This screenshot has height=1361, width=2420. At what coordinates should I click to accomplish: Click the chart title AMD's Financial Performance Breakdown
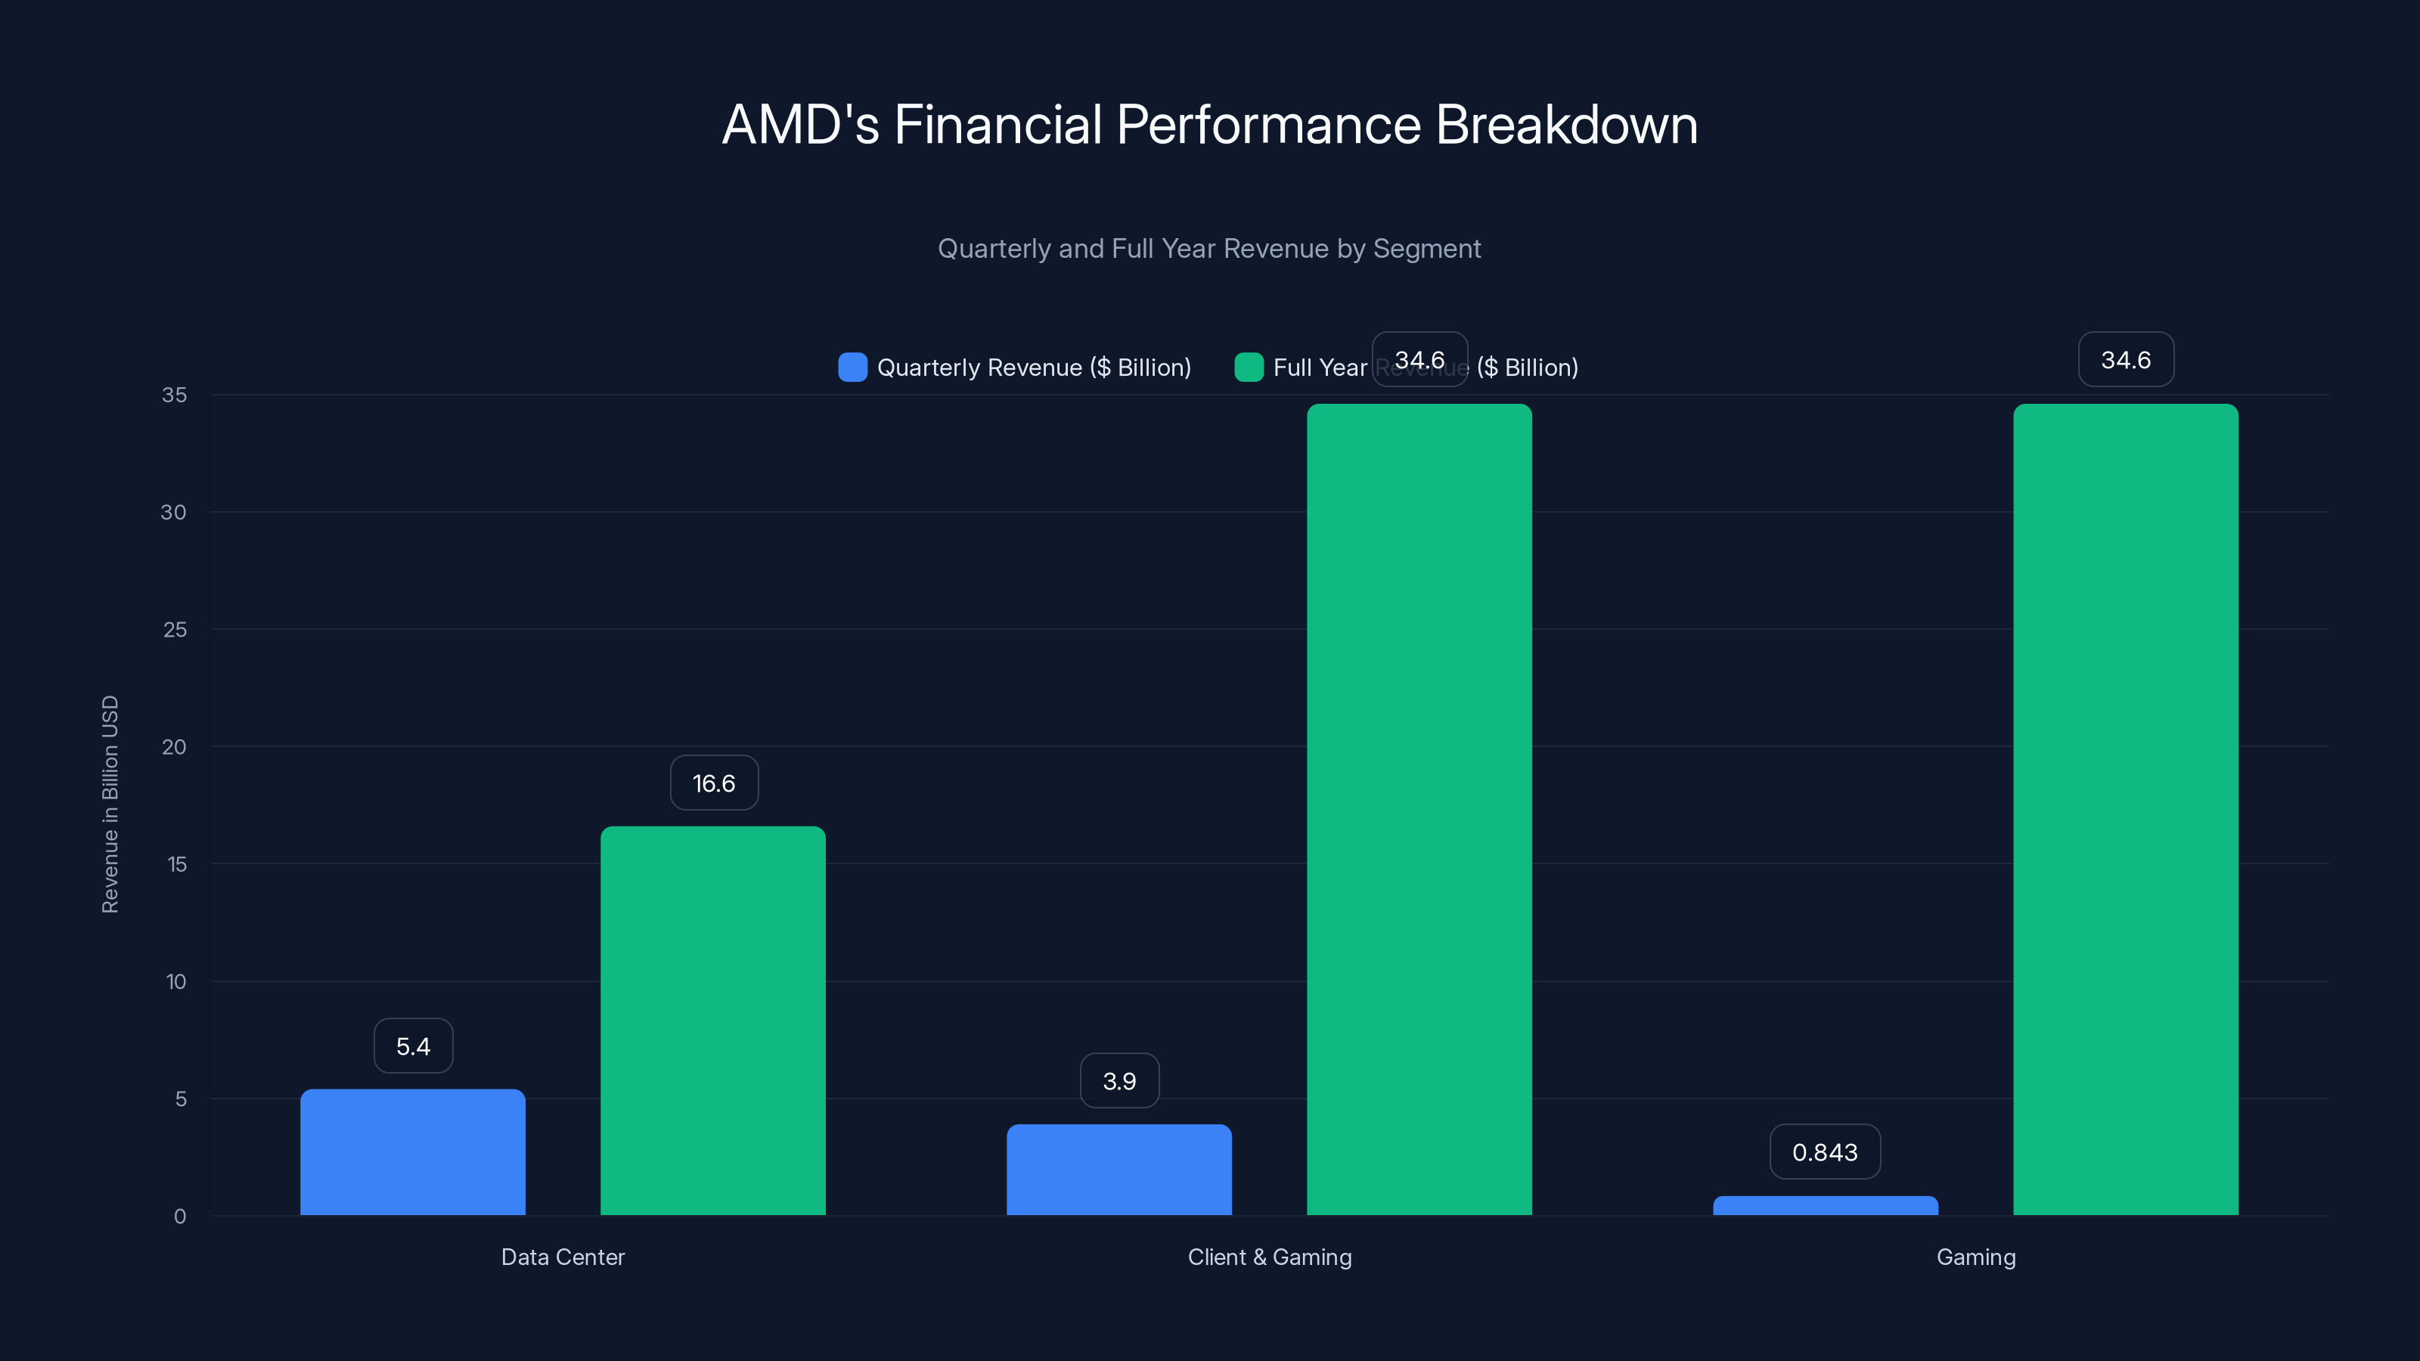click(x=1209, y=125)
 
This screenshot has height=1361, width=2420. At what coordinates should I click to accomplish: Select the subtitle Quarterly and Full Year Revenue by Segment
click(x=1209, y=249)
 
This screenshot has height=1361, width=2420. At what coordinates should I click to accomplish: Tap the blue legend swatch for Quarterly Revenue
click(x=852, y=367)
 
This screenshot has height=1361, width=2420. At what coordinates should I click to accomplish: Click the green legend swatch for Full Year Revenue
click(x=1249, y=367)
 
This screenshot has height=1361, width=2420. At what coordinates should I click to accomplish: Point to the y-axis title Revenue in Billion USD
click(x=110, y=804)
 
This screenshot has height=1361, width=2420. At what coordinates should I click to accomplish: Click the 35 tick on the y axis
click(x=174, y=395)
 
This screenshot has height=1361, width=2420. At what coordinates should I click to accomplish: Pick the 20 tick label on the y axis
click(x=174, y=748)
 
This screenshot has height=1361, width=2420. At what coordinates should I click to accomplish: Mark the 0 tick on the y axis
click(x=179, y=1217)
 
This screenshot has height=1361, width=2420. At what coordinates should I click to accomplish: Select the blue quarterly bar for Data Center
click(x=412, y=1152)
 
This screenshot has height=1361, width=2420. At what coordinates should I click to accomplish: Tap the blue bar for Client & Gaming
click(x=1119, y=1170)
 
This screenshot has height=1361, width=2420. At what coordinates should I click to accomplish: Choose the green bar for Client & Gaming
click(x=1419, y=810)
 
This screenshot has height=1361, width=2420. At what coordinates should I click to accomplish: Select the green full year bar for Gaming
click(x=2125, y=810)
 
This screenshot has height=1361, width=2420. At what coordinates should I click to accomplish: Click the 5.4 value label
click(x=414, y=1046)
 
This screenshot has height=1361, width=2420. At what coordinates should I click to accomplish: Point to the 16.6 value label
click(x=714, y=783)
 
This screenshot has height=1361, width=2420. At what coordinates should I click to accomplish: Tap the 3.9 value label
click(x=1119, y=1081)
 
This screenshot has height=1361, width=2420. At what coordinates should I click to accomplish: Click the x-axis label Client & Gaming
click(x=1269, y=1257)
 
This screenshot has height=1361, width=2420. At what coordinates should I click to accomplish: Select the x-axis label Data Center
click(x=563, y=1257)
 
